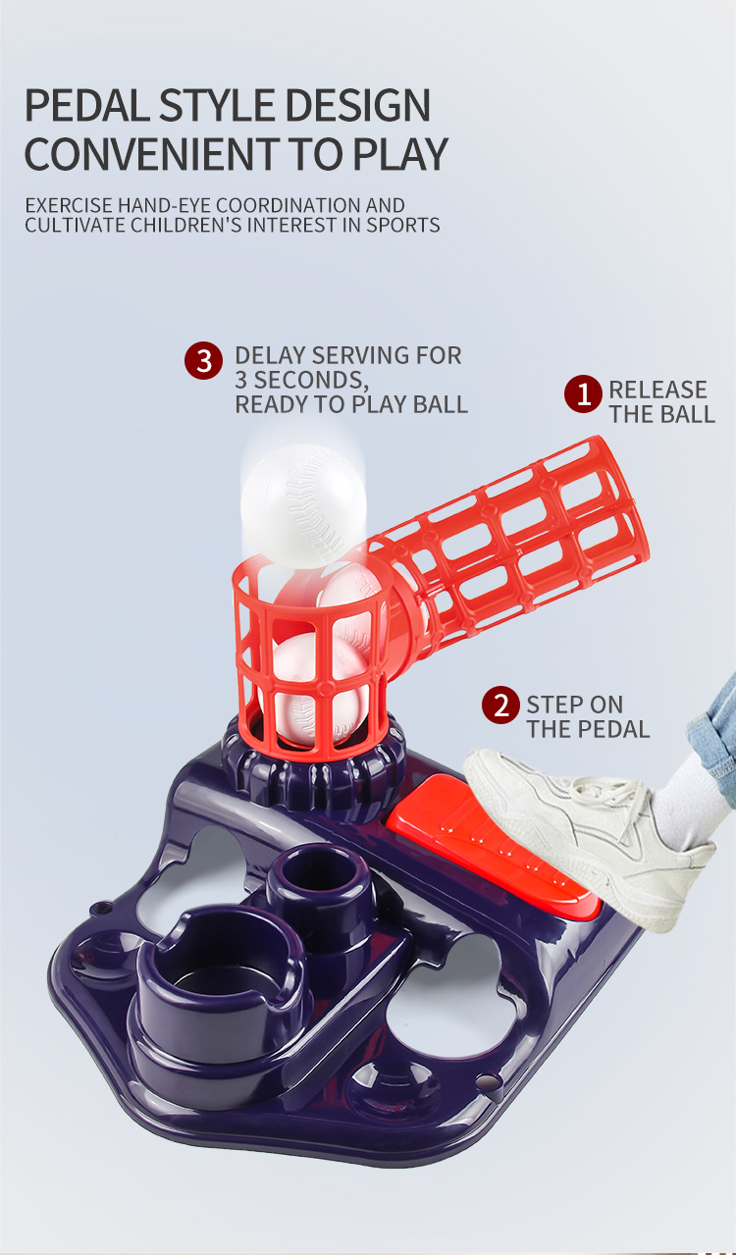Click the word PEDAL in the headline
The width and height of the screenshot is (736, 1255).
[x=86, y=105]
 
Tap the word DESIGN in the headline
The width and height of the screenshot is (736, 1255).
[x=357, y=105]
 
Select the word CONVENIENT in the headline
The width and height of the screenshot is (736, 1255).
[x=152, y=153]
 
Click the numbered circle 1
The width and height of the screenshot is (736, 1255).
[x=583, y=393]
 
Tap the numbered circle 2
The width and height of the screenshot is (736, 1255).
[x=500, y=705]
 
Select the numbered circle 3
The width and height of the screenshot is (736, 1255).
[x=203, y=361]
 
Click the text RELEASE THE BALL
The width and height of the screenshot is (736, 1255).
[x=662, y=402]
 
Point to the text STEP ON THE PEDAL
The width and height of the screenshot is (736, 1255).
[x=588, y=717]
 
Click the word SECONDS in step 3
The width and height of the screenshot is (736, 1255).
[x=311, y=381]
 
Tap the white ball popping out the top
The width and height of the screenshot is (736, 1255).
[x=303, y=505]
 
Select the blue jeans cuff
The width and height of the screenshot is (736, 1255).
[x=714, y=723]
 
